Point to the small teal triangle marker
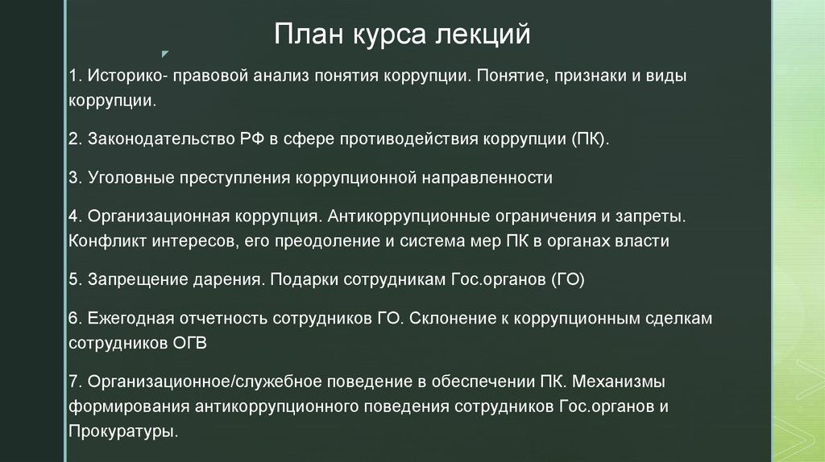point(165,54)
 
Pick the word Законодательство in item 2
point(156,138)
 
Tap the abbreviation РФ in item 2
point(243,138)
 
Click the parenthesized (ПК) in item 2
point(590,138)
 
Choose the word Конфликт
point(105,241)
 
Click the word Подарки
point(304,280)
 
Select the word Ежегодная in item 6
point(129,320)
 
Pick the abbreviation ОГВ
point(190,343)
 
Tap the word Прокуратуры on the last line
point(122,430)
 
